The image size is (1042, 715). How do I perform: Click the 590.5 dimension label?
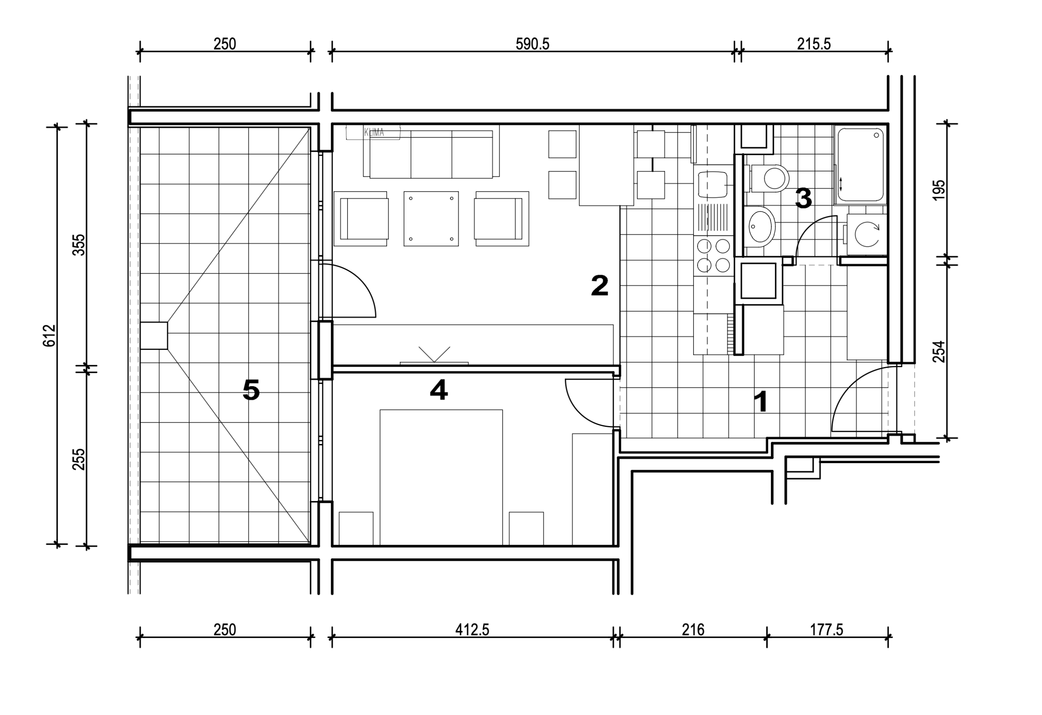(532, 44)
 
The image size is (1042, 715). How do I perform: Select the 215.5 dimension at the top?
(814, 44)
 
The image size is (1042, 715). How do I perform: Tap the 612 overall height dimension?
(49, 335)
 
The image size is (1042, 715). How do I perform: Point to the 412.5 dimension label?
(472, 630)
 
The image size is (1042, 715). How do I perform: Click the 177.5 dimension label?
(826, 630)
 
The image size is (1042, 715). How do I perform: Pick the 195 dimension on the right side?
(939, 190)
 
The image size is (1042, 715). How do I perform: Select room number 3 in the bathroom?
(803, 198)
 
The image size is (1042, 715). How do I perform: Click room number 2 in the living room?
(600, 286)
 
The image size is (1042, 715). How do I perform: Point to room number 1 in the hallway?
(761, 401)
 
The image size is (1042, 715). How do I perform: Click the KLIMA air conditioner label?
(374, 132)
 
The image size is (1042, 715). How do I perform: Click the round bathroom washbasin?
(761, 226)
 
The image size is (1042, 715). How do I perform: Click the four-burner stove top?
(714, 256)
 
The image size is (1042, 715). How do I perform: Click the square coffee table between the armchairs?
(431, 219)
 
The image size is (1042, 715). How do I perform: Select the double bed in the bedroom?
(441, 477)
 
